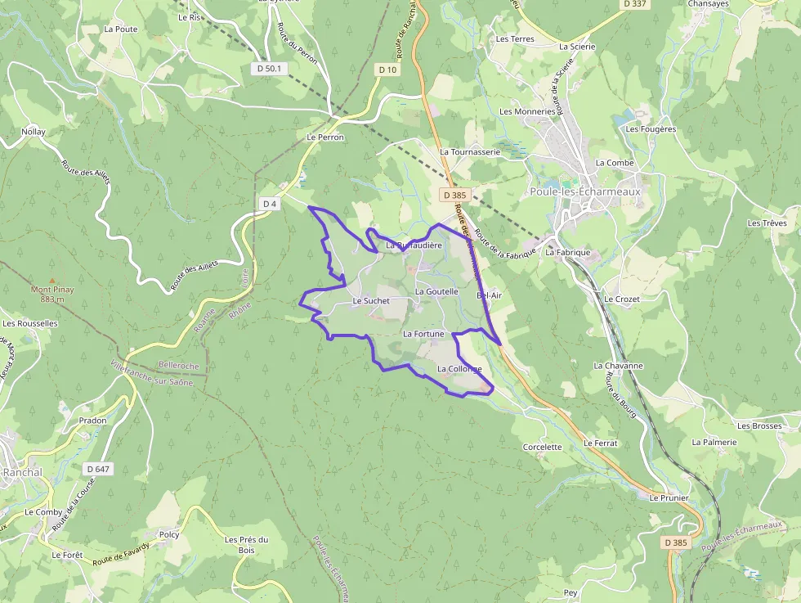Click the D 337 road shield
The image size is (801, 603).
634,4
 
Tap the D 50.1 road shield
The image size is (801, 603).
268,69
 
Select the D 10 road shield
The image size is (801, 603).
387,70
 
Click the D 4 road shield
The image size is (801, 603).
269,203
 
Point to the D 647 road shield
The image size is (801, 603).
98,469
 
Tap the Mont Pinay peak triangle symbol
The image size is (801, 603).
52,280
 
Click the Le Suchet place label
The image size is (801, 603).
371,301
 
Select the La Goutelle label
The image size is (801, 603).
436,291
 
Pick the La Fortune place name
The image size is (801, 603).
423,334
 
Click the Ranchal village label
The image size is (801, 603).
22,473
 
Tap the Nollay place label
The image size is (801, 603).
34,132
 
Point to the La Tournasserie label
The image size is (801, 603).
470,151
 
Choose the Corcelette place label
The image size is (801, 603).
543,448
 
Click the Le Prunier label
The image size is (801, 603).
669,497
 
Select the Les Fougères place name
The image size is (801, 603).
651,129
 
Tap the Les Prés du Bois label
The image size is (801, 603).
246,545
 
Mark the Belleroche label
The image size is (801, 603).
179,364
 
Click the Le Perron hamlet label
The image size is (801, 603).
325,137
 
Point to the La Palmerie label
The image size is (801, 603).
714,442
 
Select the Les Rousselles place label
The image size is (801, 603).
30,323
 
